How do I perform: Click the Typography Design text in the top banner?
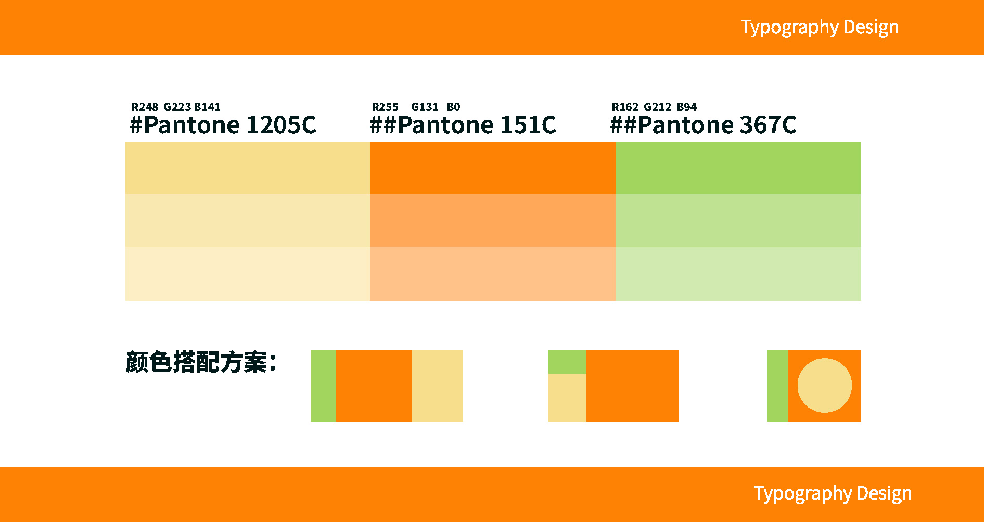click(820, 28)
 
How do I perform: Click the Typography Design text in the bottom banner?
click(833, 494)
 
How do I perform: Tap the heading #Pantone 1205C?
click(223, 125)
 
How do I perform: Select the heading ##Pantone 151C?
click(463, 125)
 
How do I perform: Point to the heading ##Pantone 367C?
click(703, 125)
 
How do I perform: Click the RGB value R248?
click(145, 107)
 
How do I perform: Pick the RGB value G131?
click(425, 107)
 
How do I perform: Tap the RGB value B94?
click(687, 107)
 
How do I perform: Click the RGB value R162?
click(625, 107)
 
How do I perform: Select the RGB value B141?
click(207, 107)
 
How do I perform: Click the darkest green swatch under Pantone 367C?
click(738, 168)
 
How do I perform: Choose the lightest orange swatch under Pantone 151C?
click(493, 274)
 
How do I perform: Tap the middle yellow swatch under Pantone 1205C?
click(248, 221)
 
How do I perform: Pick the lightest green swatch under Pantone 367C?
click(738, 274)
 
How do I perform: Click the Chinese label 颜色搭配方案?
click(201, 362)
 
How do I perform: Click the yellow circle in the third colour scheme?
click(825, 386)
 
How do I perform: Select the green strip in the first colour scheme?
click(323, 386)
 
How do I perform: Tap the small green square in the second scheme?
click(567, 362)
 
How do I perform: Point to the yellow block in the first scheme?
click(438, 386)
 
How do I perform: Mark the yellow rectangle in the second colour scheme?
click(567, 398)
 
